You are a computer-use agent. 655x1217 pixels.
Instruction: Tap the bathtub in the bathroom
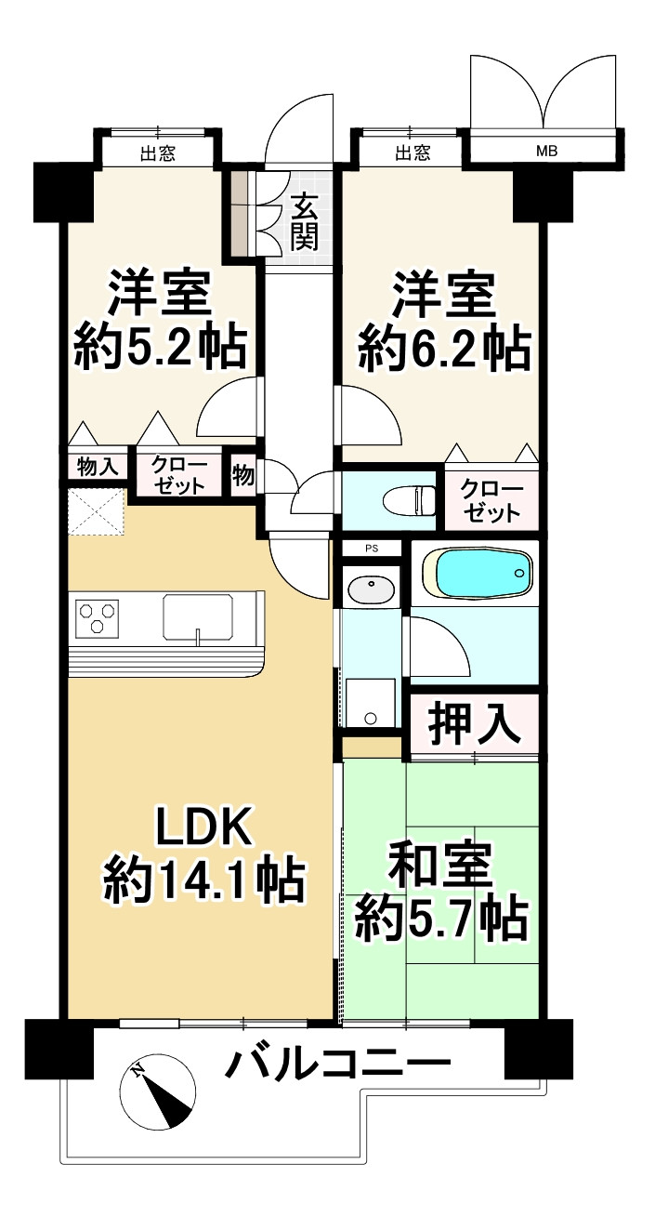pos(477,574)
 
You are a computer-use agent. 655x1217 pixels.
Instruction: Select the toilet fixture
pos(409,497)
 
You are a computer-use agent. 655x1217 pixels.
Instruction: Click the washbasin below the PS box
pos(371,589)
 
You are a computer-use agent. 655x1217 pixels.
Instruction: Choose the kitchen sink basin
pos(199,617)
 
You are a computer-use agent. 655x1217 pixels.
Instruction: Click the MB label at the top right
pos(547,152)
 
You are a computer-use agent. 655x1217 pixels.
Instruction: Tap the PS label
pos(372,549)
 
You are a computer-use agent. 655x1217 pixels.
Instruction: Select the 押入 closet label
pos(474,725)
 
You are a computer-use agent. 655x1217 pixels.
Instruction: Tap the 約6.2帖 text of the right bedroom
pos(444,348)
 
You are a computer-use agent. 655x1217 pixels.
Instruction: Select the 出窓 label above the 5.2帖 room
pos(158,153)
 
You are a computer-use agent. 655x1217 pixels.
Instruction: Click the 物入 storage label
pos(98,467)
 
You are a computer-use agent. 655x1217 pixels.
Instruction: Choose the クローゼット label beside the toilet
pos(491,501)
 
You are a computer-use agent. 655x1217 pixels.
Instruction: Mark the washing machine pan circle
pos(371,719)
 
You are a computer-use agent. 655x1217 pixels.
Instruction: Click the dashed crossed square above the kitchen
pos(96,511)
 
